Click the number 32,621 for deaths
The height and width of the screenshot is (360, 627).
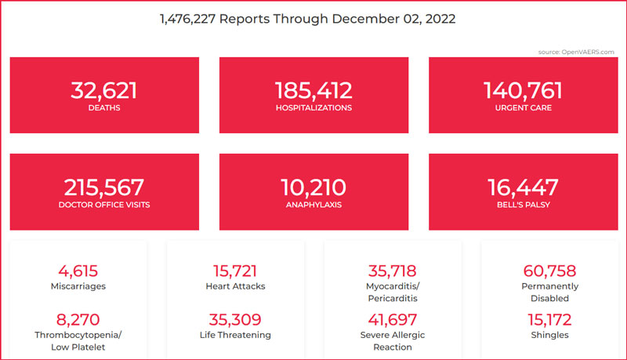pyautogui.click(x=104, y=90)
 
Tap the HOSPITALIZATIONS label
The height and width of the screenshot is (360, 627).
pyautogui.click(x=313, y=108)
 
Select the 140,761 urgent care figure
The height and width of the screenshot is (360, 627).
pyautogui.click(x=524, y=90)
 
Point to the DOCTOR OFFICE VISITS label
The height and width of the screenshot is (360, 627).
pyautogui.click(x=104, y=205)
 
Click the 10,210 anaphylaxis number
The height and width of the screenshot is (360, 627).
pyautogui.click(x=313, y=187)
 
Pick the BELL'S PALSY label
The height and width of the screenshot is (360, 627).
pyautogui.click(x=524, y=205)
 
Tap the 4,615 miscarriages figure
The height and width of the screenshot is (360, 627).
pyautogui.click(x=78, y=271)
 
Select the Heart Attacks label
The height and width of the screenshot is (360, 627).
pyautogui.click(x=235, y=286)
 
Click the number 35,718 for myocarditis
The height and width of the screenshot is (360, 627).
pyautogui.click(x=393, y=271)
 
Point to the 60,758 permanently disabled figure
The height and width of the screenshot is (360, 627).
pyautogui.click(x=549, y=271)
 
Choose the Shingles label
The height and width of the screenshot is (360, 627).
pyautogui.click(x=549, y=335)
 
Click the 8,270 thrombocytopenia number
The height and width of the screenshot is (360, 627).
pyautogui.click(x=78, y=320)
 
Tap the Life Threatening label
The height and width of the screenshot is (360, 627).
pyautogui.click(x=235, y=335)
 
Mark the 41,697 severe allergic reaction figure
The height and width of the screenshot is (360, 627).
pyautogui.click(x=393, y=320)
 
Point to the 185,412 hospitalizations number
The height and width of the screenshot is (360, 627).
pyautogui.click(x=313, y=90)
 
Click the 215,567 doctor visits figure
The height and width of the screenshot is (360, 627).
pyautogui.click(x=104, y=187)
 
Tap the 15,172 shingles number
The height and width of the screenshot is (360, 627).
pyautogui.click(x=549, y=320)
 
